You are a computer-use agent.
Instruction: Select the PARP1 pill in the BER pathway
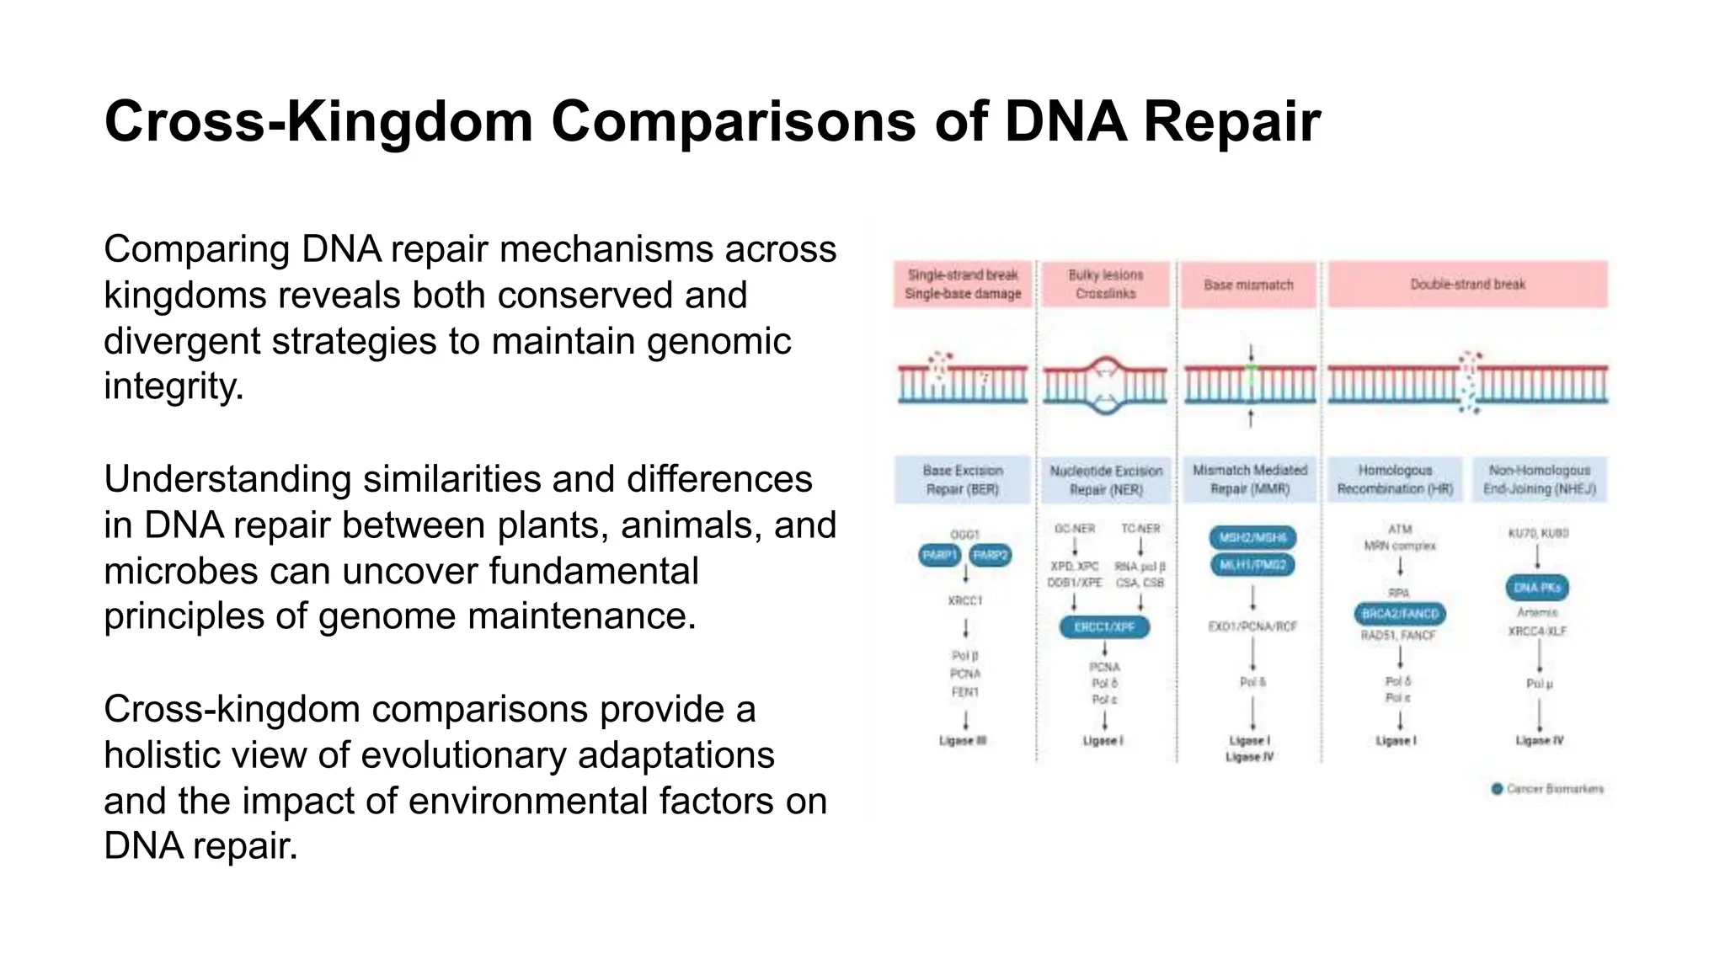940,556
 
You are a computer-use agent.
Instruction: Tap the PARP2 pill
991,556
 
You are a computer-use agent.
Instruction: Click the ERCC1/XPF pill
1104,627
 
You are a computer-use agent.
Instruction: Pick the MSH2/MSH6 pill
1252,537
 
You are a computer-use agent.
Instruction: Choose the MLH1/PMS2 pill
1252,565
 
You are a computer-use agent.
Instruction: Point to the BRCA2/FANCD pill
1400,614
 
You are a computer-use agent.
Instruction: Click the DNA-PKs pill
1537,588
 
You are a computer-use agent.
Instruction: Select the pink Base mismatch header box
1248,285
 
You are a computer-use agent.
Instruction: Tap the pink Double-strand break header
1467,285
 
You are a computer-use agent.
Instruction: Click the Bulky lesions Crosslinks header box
1106,285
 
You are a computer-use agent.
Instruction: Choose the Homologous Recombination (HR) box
1395,479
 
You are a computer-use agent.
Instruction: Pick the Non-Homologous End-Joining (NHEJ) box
1539,479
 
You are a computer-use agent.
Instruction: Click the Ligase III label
963,741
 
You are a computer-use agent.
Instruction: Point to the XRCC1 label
965,601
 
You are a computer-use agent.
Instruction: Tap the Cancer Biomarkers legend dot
1497,789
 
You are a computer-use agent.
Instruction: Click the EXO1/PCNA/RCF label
1252,627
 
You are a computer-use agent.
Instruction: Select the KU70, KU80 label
1538,534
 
